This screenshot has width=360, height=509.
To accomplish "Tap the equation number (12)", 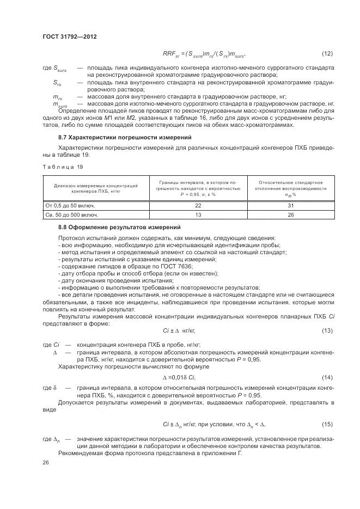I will pos(327,54).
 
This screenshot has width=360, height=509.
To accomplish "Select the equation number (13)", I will pos(327,330).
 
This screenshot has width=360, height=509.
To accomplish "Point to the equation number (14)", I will pos(327,377).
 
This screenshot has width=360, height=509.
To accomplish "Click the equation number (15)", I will pos(327,424).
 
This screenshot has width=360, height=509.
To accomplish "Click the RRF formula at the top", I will pos(204,54).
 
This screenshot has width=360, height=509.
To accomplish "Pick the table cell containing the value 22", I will pos(198,205).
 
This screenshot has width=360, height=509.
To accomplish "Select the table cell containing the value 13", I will pos(198,215).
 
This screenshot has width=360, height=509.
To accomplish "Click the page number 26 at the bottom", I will pos(46,462).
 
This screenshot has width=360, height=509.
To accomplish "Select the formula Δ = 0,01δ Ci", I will pos(179,377).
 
